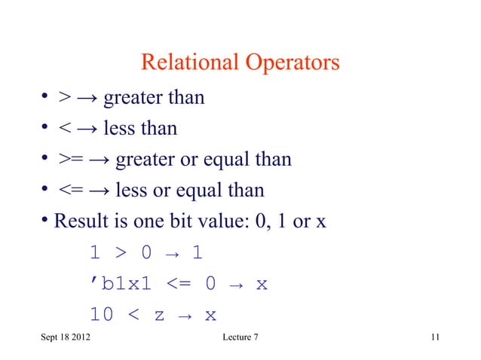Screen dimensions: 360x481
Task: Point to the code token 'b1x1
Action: click(x=118, y=284)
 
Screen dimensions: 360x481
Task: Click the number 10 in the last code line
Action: click(x=102, y=315)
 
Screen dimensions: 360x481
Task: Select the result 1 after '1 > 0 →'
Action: click(x=197, y=253)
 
